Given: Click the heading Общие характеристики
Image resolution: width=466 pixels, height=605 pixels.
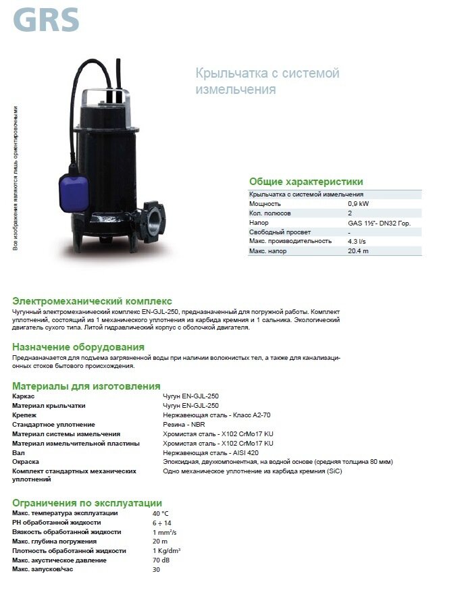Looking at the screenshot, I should coord(306,182).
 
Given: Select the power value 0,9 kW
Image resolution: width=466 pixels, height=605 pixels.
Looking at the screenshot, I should coord(359,203).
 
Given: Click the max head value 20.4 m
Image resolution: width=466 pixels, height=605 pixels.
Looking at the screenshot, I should coord(359,251).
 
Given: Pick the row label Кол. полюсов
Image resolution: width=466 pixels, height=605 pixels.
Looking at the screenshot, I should coord(270,213).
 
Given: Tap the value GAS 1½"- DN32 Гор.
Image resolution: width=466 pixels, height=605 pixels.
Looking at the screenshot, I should coord(379,222).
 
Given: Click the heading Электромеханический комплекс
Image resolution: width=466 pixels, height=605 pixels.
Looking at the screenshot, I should coord(93,301).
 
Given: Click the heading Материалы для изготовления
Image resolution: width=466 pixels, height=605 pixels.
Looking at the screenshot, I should coord(86,386).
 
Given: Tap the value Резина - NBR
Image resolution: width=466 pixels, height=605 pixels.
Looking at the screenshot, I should coord(184,424).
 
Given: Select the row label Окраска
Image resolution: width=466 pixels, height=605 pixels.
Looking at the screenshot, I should coord(26,462).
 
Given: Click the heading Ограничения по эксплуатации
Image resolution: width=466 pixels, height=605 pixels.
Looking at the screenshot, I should coord(87,503).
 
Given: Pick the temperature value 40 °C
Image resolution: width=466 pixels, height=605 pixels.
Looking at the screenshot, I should coord(161,513).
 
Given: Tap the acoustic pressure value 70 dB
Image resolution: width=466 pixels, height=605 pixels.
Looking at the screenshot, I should coord(161,560).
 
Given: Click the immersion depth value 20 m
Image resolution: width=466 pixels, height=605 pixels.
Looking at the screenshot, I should coord(159,542).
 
